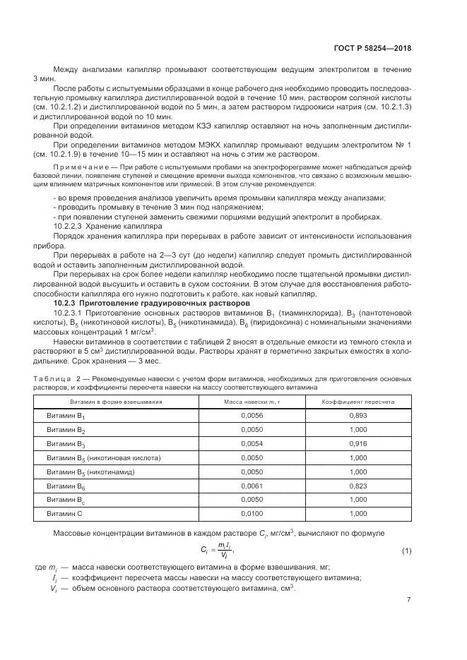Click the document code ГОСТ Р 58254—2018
point(373,49)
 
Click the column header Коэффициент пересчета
point(358,401)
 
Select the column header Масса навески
point(251,401)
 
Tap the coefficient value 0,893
point(358,416)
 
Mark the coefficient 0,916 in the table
point(358,443)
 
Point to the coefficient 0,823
point(358,486)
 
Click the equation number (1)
point(406,550)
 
